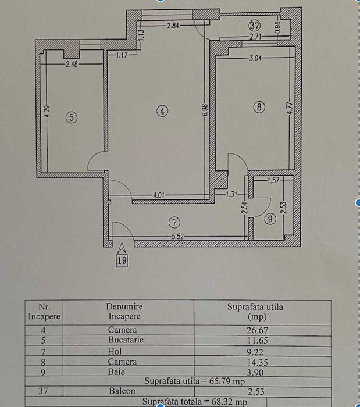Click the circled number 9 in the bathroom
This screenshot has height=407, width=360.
pos(269,220)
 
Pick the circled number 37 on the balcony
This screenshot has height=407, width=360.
pos(254,26)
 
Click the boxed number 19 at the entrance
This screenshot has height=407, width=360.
pos(121,261)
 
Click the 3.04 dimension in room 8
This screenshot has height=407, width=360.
pos(255,58)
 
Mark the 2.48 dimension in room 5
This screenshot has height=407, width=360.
pos(72,63)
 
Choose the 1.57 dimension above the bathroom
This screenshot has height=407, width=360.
pos(274,180)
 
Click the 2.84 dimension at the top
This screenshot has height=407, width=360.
pos(173,26)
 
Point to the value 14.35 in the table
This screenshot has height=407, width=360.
pos(255,362)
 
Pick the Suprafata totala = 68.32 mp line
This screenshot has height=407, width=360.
pos(194,402)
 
